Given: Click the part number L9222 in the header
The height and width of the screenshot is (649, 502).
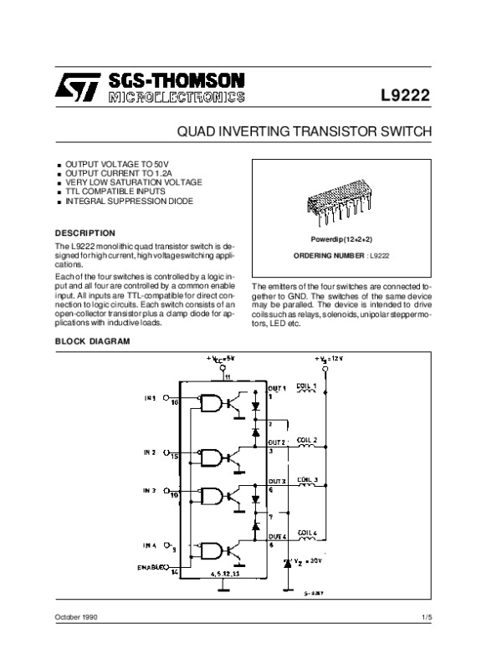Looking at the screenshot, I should click(x=406, y=95).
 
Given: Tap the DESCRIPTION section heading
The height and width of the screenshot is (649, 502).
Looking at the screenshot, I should click(x=85, y=232).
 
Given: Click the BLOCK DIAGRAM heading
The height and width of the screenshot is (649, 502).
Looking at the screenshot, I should click(x=92, y=342).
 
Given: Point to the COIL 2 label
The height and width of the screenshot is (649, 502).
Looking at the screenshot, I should click(x=308, y=439).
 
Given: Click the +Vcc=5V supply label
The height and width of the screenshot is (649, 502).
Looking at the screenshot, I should click(x=222, y=358).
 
